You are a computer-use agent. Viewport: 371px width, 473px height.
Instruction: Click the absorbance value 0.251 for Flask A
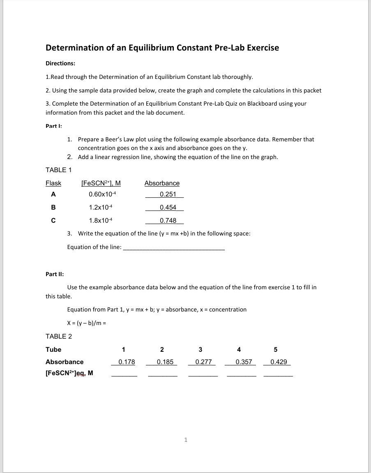(168, 194)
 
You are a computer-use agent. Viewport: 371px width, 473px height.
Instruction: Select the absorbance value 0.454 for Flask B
(168, 208)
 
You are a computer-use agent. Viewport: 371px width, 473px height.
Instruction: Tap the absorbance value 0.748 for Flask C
(168, 221)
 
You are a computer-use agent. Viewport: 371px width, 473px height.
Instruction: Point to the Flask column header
(53, 183)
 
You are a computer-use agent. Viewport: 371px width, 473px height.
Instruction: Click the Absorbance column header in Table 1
(162, 183)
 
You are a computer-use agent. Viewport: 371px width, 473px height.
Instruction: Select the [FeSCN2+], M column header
(101, 183)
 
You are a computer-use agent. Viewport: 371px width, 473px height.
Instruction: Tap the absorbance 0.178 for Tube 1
(127, 362)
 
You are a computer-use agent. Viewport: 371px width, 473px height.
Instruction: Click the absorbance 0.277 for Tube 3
(203, 362)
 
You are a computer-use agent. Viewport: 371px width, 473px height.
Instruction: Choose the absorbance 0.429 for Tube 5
(279, 362)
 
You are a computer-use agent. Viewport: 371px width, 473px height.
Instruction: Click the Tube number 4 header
(239, 350)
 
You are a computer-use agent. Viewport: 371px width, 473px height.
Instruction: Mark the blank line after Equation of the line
(174, 248)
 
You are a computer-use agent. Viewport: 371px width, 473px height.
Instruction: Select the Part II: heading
(54, 274)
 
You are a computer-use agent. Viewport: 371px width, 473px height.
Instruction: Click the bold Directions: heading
(60, 64)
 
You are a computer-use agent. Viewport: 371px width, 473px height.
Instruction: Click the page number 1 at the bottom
(186, 440)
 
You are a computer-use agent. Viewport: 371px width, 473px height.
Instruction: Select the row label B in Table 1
(53, 208)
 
